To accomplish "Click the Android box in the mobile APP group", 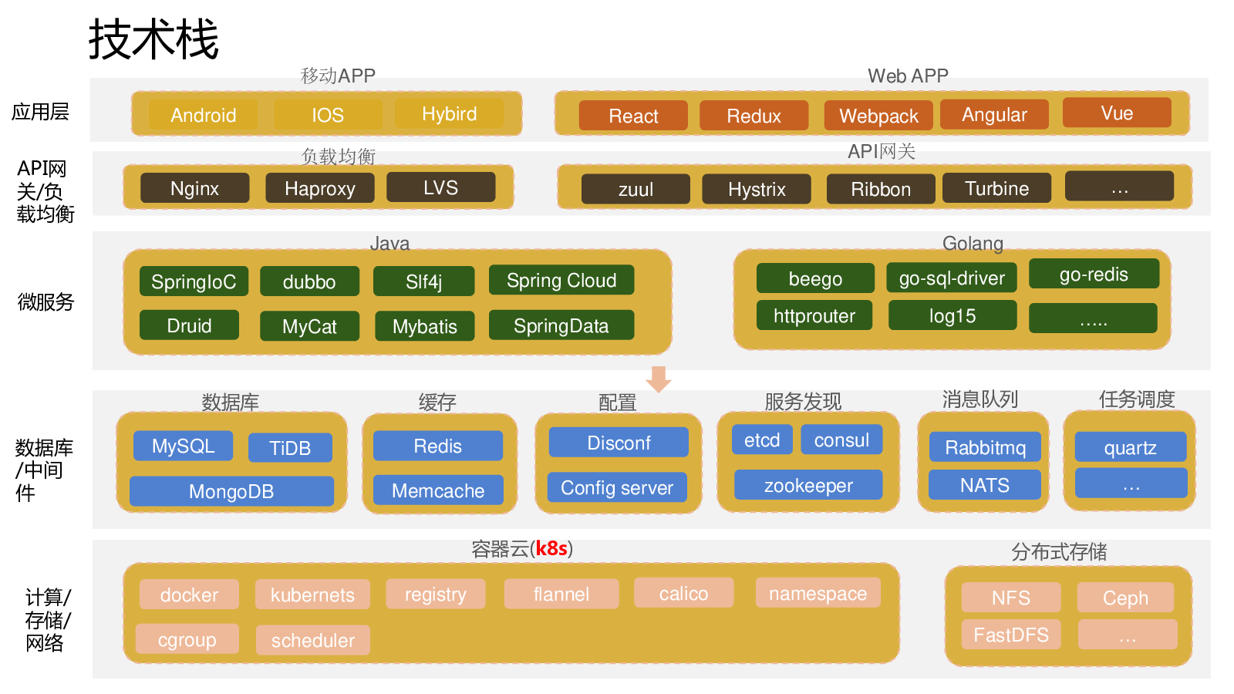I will coord(203,115).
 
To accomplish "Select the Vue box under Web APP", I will coord(1117,113).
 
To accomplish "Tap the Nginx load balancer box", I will coord(194,188).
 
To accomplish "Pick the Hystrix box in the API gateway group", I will coord(757,189).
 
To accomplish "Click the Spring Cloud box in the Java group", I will coord(561,280).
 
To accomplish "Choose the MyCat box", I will coord(309,326).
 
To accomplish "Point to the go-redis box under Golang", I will coord(1094,274).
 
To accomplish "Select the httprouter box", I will coord(814,315).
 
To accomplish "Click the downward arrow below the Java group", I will coord(658,379).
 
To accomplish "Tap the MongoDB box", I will coord(231,491).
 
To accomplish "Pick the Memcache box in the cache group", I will coord(438,490).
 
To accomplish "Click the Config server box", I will coord(617,487).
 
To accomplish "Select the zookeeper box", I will coord(808,485).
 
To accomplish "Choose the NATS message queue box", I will coord(985,485).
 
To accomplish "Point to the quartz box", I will coord(1130,447).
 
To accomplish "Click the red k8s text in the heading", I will coord(551,548).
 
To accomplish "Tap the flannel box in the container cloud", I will coord(561,594).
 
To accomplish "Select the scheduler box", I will coord(313,640).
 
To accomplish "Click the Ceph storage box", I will coord(1125,598).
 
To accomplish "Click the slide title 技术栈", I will coord(153,39).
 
